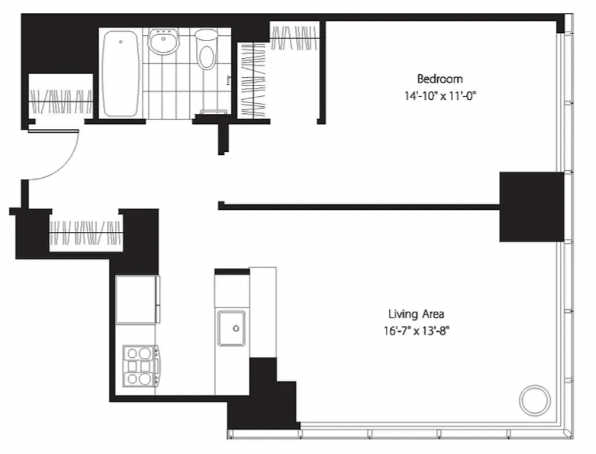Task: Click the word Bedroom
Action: pyautogui.click(x=440, y=79)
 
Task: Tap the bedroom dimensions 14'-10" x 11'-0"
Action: pyautogui.click(x=440, y=95)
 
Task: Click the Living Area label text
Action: pyautogui.click(x=416, y=314)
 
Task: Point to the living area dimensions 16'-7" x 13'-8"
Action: pyautogui.click(x=416, y=331)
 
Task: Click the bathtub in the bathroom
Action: pyautogui.click(x=120, y=73)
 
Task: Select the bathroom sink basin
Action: pyautogui.click(x=164, y=41)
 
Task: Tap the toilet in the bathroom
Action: pyautogui.click(x=206, y=49)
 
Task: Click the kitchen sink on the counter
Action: pyautogui.click(x=231, y=328)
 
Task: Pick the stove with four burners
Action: pyautogui.click(x=140, y=365)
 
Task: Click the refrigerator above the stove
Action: pyautogui.click(x=137, y=299)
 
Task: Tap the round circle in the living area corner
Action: pyautogui.click(x=535, y=400)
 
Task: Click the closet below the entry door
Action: pyautogui.click(x=86, y=232)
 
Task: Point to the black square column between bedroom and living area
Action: pyautogui.click(x=531, y=207)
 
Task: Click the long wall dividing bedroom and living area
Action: pyautogui.click(x=359, y=207)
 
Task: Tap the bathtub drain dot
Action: pyautogui.click(x=121, y=41)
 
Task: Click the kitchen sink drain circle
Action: pyautogui.click(x=236, y=328)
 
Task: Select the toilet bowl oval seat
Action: pyautogui.click(x=207, y=57)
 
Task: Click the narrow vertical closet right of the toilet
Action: pyautogui.click(x=252, y=80)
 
